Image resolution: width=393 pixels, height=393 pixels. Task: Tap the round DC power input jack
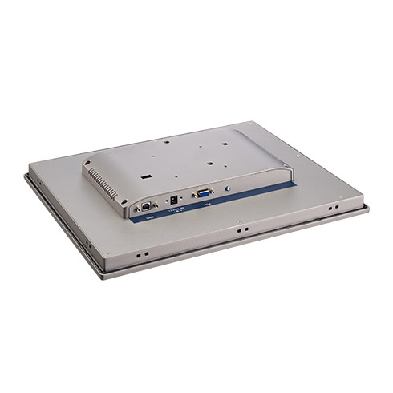(171, 199)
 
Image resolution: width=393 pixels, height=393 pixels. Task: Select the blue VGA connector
(202, 193)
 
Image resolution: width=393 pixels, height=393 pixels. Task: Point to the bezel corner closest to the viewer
(101, 275)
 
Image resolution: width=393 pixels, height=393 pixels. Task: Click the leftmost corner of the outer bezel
(24, 173)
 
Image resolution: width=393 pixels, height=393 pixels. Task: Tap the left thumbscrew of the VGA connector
(192, 195)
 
